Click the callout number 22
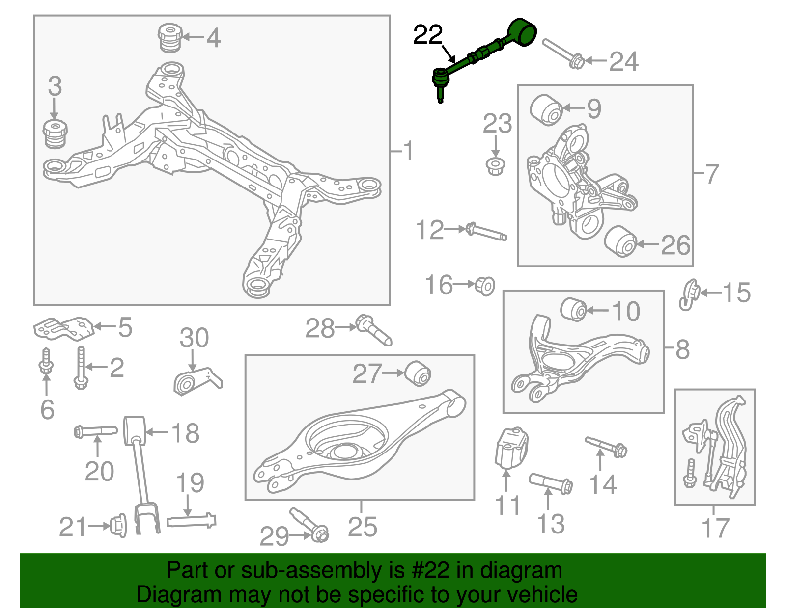[428, 35]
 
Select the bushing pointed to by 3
[55, 133]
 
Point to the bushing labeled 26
[620, 241]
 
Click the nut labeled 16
[485, 285]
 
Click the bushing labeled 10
[574, 309]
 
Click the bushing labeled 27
[418, 373]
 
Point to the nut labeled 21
[118, 526]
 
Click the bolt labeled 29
[309, 526]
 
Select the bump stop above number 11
[510, 447]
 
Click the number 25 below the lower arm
[362, 527]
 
